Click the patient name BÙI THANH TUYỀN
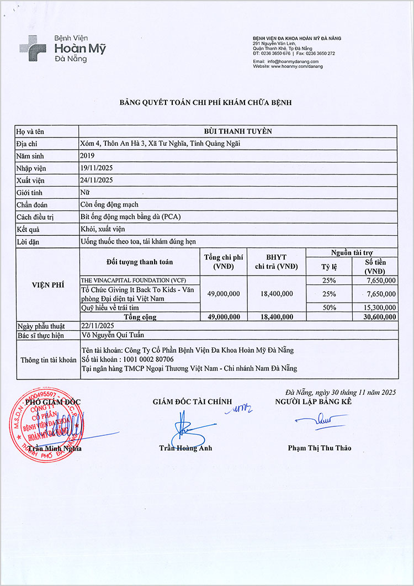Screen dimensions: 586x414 (x=238, y=131)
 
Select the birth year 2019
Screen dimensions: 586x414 (x=87, y=156)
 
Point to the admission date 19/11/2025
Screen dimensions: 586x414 (x=97, y=168)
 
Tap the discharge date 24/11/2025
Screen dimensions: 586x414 (x=97, y=180)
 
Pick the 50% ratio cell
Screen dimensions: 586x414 (x=329, y=307)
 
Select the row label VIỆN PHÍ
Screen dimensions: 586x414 (x=48, y=285)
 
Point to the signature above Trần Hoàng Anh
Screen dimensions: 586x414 (x=183, y=431)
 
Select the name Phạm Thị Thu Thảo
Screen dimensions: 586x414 (x=319, y=448)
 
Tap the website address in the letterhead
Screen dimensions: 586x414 (x=288, y=66)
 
